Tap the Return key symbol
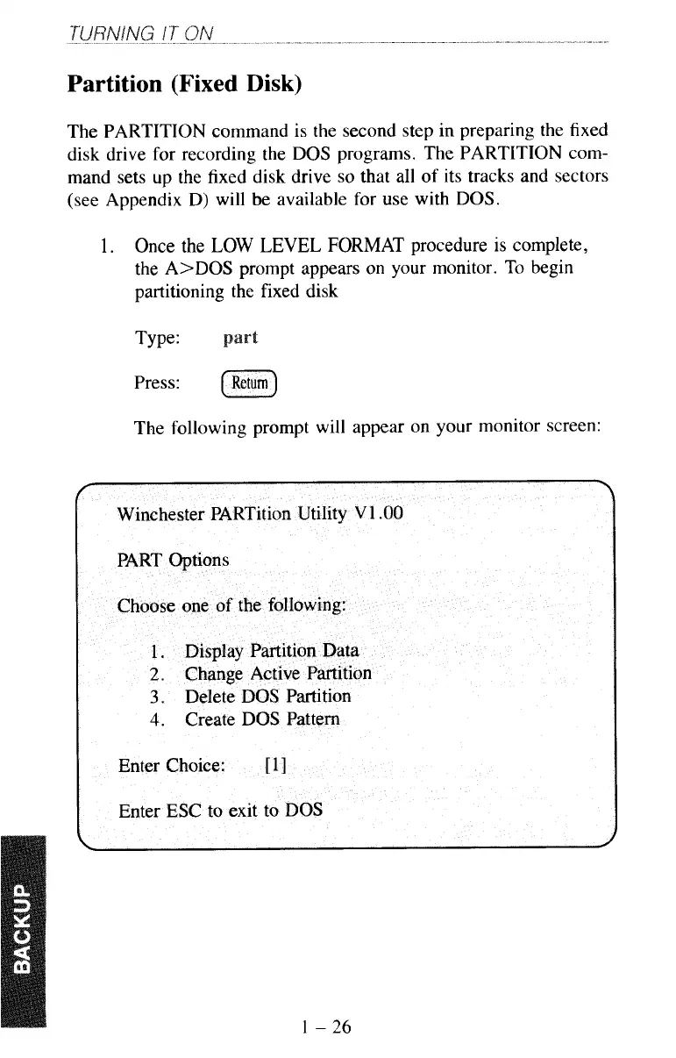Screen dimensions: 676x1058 250,383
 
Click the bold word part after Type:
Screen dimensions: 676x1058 240,339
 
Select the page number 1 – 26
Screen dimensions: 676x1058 324,1026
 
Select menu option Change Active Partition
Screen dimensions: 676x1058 278,674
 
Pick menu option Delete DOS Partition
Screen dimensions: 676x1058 267,697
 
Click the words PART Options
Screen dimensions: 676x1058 173,560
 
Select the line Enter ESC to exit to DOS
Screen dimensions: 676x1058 220,810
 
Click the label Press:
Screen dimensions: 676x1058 158,383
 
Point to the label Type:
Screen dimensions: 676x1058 156,339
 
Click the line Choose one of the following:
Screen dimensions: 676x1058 232,605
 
